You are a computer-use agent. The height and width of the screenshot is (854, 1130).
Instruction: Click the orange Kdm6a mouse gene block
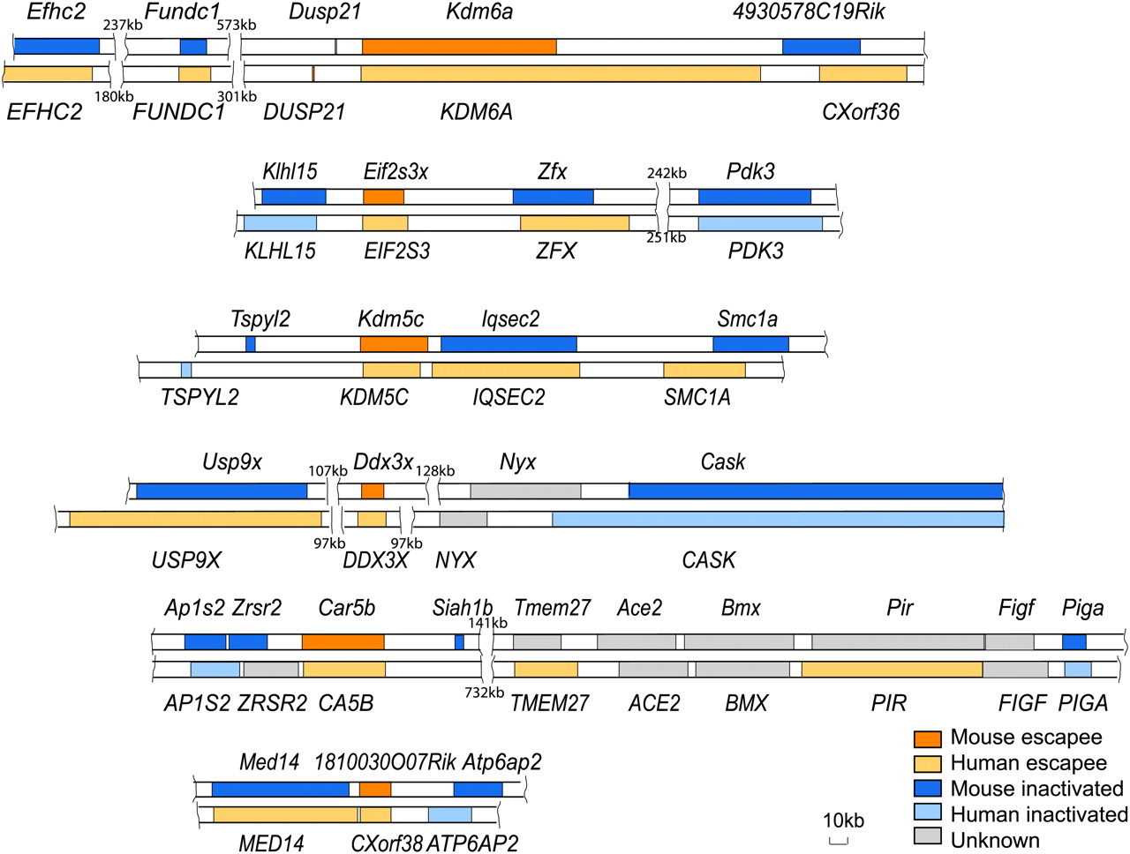click(459, 47)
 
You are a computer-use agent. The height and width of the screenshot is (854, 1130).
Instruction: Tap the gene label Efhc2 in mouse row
click(56, 12)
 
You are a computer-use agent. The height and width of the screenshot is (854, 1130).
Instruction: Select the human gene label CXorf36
click(860, 112)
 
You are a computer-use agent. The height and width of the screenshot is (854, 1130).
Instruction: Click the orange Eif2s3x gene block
click(383, 197)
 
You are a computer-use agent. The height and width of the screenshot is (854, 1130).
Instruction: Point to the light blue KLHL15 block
click(280, 223)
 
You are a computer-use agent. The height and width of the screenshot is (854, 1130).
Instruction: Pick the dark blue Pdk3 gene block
click(754, 197)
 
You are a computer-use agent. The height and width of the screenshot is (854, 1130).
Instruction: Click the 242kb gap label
click(667, 173)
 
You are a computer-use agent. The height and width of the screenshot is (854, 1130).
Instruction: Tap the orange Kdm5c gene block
click(394, 344)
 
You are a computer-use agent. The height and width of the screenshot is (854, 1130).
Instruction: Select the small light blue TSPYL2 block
click(186, 370)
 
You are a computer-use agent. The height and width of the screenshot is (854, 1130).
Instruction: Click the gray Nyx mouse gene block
click(525, 491)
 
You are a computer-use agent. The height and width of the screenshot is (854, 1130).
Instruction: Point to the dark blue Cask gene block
click(815, 491)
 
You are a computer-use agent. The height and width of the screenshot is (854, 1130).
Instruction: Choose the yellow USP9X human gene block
click(195, 519)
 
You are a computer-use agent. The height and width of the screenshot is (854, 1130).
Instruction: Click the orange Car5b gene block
click(343, 641)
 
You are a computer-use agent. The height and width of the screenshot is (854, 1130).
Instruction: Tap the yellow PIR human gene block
click(892, 670)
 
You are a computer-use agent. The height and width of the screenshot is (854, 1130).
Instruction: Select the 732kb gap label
click(484, 693)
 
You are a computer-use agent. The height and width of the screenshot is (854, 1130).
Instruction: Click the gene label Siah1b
click(462, 608)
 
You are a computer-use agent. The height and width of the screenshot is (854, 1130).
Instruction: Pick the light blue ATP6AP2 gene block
click(449, 814)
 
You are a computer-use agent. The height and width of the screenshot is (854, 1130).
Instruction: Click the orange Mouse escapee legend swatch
click(927, 738)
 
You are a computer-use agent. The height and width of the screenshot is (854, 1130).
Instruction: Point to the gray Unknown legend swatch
click(927, 837)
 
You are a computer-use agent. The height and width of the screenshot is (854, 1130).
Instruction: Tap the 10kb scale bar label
click(842, 820)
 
